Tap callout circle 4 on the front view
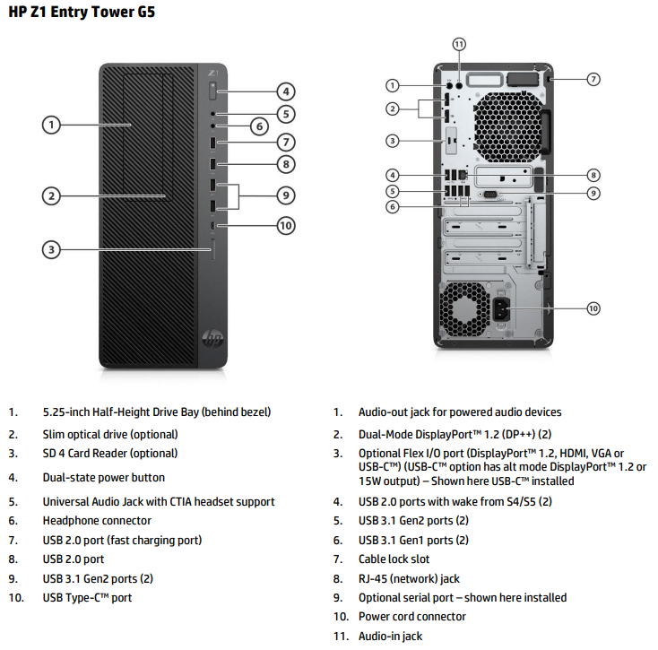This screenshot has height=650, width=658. coord(285,91)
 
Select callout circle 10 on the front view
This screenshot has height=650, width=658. coord(285,226)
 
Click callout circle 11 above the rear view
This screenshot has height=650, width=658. coord(459,44)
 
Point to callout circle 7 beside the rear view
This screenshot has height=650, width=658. coord(593,79)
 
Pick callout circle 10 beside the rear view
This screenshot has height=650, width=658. coord(593,308)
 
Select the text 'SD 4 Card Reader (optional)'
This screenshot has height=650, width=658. coord(110,454)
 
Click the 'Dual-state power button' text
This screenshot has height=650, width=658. coord(104,478)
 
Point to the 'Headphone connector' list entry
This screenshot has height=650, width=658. coord(97,521)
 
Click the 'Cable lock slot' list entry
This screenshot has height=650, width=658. coord(394,559)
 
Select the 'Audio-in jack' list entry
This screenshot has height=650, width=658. coord(390,637)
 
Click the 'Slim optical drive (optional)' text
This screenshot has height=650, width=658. coord(110,434)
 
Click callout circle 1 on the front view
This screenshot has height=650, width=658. coord(53,125)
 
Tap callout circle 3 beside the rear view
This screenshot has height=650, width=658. coord(392,140)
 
